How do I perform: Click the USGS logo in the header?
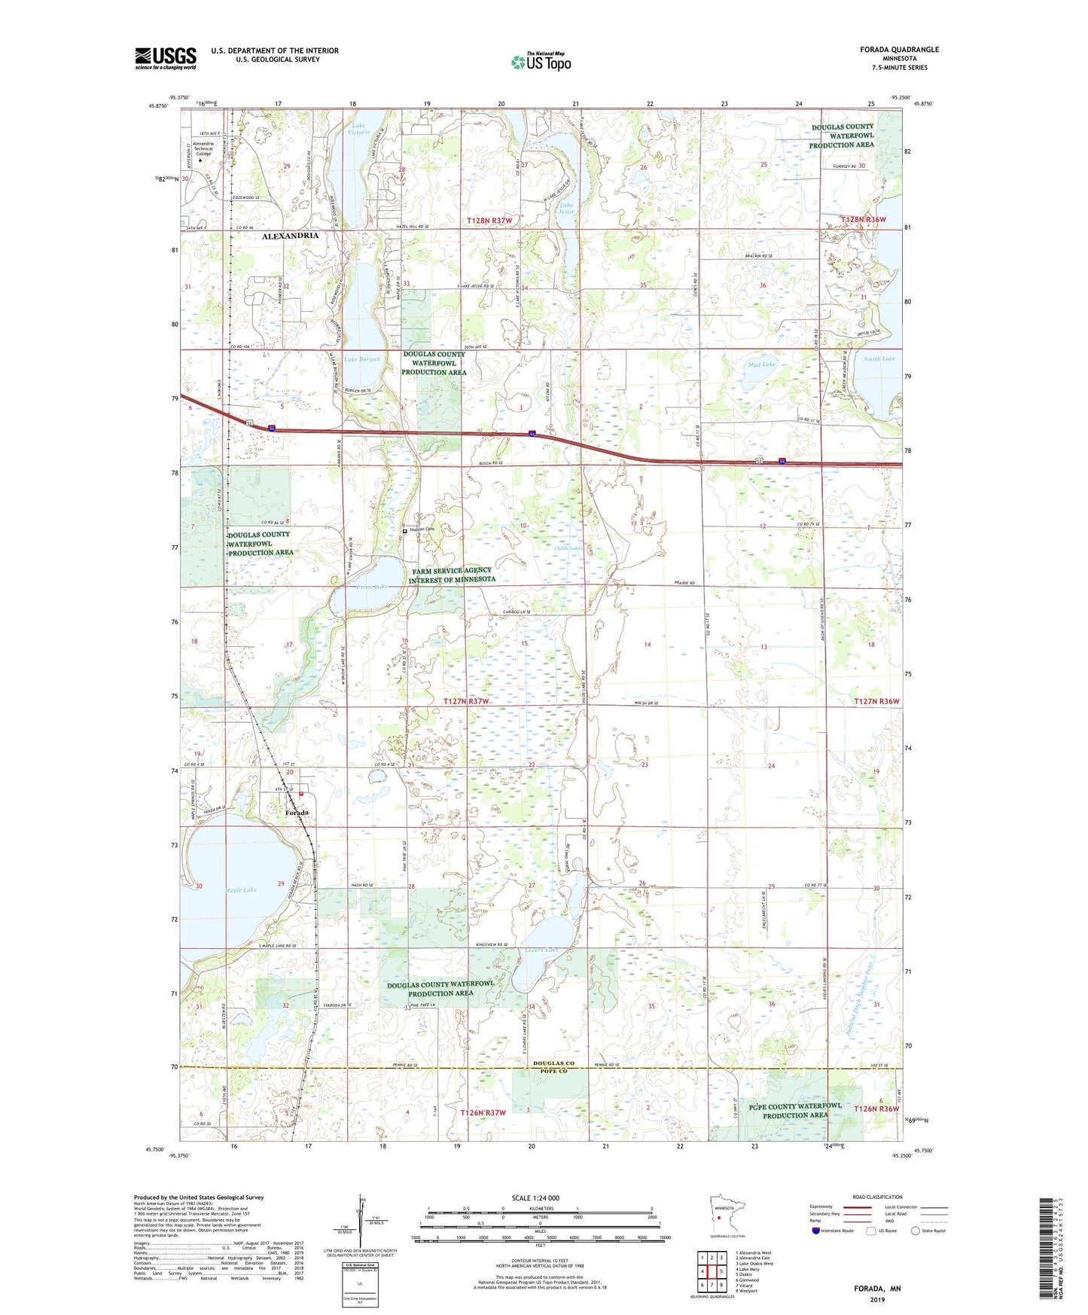point(166,58)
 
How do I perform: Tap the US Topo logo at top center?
point(541,62)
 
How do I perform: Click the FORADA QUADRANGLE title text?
point(899,50)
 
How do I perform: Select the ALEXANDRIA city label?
point(290,236)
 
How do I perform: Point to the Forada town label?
point(297,813)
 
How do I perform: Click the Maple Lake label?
point(240,890)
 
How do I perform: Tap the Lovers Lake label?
point(539,950)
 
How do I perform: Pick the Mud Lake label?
point(761,365)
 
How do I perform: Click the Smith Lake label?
point(879,359)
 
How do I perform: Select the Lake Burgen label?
point(362,360)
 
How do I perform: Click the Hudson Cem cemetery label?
point(422,529)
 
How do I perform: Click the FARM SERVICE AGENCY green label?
point(450,575)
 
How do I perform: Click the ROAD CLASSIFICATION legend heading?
point(877,1197)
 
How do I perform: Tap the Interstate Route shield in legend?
point(816,1231)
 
